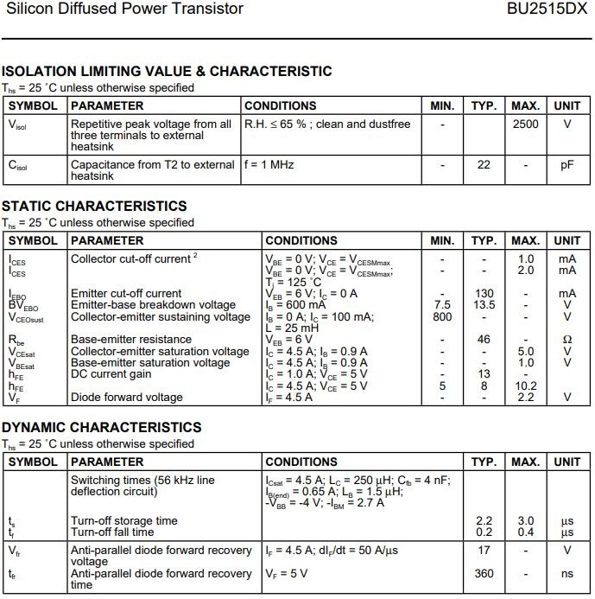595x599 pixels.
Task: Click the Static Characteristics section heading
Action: tap(93, 206)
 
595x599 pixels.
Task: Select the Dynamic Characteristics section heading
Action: tap(101, 427)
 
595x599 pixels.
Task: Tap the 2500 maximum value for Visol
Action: tap(525, 124)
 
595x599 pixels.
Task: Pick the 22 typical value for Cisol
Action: tap(484, 164)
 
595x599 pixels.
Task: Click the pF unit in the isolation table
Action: tap(567, 164)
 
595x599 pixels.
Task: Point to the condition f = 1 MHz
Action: tap(275, 164)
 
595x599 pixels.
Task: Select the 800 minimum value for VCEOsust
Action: tap(442, 316)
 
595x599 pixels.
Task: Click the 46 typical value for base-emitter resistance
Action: tap(484, 340)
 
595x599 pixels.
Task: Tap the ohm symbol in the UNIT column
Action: tap(567, 340)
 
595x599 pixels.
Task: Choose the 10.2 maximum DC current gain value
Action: tap(526, 386)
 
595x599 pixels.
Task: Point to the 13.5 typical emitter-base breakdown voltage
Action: tap(484, 305)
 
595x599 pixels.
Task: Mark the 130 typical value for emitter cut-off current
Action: tap(484, 294)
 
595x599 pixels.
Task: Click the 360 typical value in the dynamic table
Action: tap(484, 573)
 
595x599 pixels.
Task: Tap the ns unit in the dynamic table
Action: tap(567, 573)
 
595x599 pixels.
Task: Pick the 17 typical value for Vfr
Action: tap(484, 550)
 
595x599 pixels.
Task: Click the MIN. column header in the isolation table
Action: tap(442, 105)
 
